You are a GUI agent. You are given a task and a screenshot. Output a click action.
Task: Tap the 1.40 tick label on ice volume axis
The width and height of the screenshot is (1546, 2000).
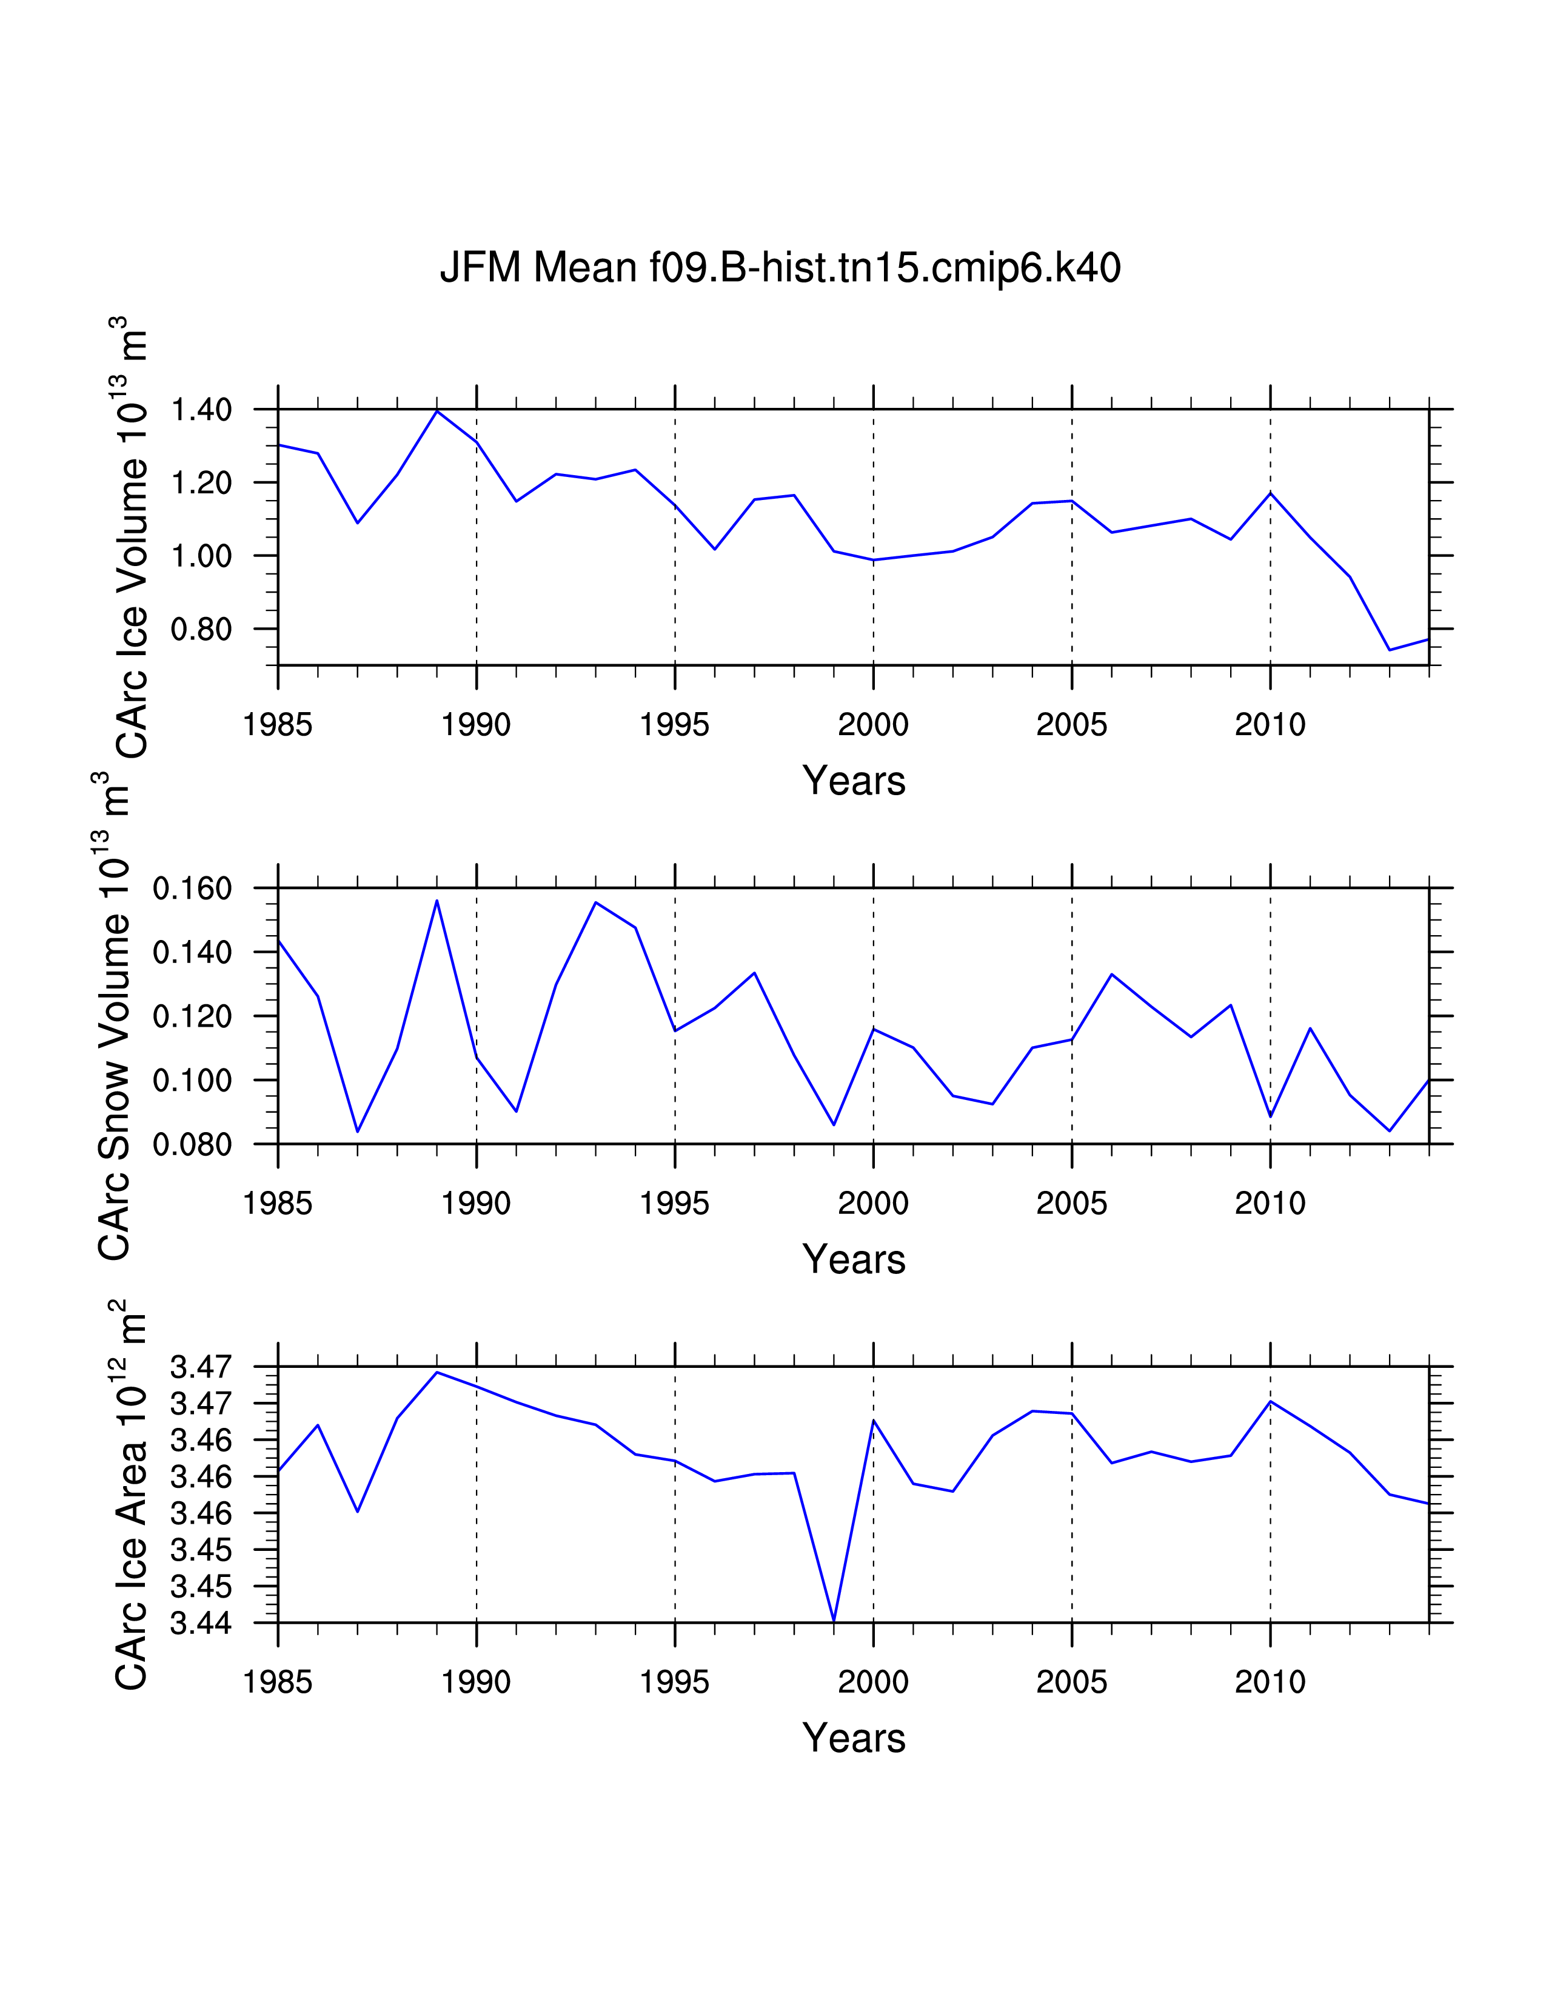pos(201,409)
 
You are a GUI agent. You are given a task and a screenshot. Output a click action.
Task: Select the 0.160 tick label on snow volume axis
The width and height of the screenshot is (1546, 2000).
pos(192,888)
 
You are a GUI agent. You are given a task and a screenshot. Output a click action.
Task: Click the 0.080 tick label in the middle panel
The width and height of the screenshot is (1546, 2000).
pos(192,1145)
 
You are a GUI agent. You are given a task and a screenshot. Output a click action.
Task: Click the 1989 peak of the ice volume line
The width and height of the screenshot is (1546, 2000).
pos(437,411)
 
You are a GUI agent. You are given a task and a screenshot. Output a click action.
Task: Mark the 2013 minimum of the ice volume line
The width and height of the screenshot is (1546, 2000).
pos(1390,650)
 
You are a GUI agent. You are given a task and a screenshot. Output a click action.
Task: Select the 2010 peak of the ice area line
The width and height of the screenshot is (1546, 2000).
pos(1270,1401)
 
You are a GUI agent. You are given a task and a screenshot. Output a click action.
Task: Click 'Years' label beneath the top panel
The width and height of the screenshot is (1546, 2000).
pos(854,781)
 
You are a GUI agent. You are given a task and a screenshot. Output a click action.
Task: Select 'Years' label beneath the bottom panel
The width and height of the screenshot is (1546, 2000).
pos(854,1738)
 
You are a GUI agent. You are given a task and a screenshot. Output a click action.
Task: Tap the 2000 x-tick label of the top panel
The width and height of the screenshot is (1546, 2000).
pos(873,725)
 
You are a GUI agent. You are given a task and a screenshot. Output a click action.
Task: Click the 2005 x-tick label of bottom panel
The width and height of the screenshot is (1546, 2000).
pos(1071,1682)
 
